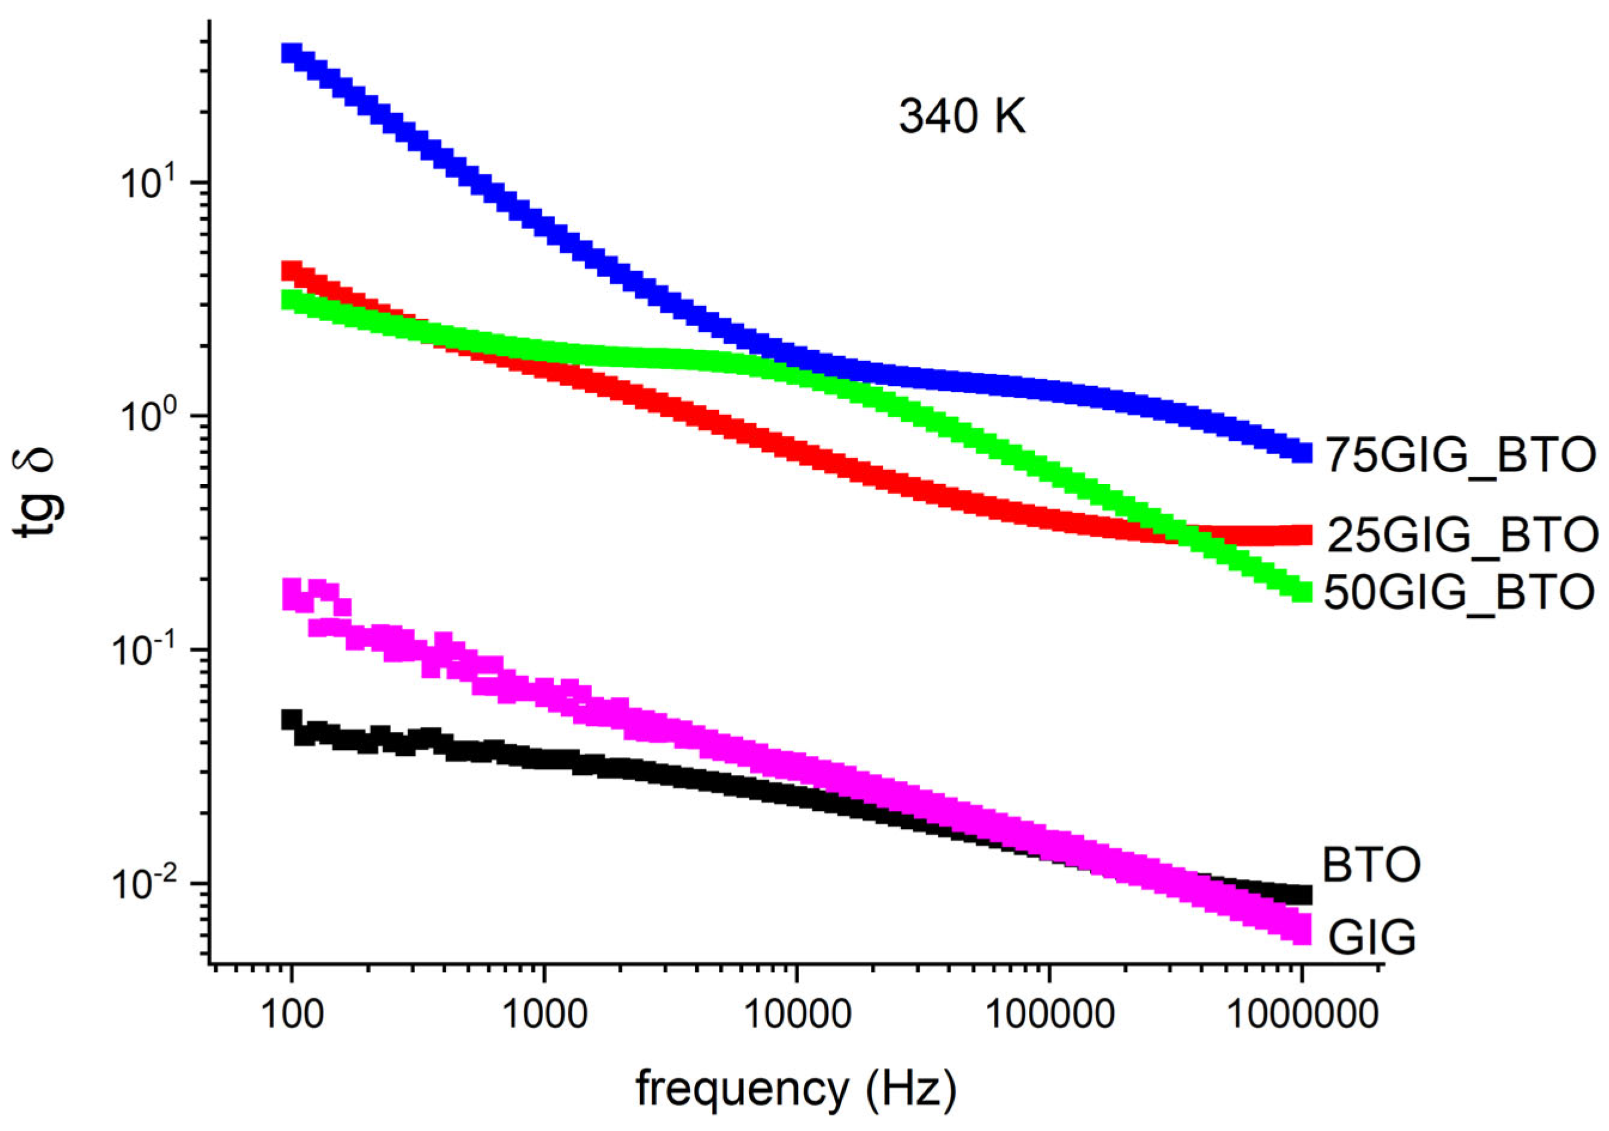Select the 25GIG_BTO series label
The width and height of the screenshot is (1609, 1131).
[x=1462, y=536]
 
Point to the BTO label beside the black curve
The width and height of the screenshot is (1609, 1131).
[x=1371, y=865]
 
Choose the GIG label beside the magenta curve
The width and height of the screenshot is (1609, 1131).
[x=1372, y=938]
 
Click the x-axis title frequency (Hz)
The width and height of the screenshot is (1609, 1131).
[x=796, y=1089]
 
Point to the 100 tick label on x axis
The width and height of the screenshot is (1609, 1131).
[x=292, y=1014]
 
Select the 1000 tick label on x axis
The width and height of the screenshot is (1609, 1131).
[x=546, y=1014]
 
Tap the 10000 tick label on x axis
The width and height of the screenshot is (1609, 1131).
[x=797, y=1014]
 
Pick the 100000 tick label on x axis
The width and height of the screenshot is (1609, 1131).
[x=1049, y=1014]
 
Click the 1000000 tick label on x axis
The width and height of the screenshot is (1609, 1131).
[x=1302, y=1014]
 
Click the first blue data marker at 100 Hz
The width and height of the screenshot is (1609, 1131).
[x=291, y=53]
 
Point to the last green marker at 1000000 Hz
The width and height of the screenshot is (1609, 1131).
[x=1302, y=592]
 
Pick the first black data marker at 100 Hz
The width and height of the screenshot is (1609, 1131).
[x=291, y=720]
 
